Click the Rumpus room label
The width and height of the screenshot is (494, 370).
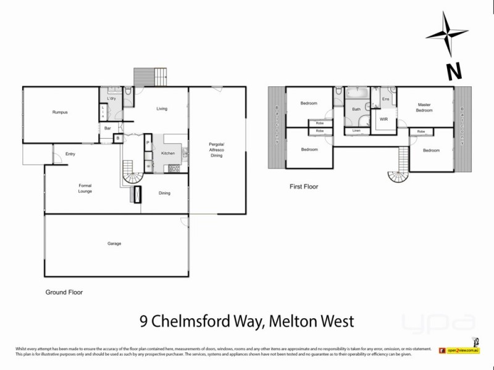(59, 112)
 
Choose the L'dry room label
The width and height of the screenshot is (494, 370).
(112, 99)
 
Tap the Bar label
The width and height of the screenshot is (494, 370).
(107, 128)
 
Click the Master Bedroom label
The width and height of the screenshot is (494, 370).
(424, 107)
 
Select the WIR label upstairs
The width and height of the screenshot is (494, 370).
(383, 118)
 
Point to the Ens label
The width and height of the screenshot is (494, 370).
(385, 99)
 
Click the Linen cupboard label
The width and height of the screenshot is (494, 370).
(356, 131)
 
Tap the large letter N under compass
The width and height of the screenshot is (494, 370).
(454, 71)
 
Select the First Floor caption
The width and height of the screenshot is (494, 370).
(303, 186)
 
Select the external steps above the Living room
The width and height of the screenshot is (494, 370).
(150, 76)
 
